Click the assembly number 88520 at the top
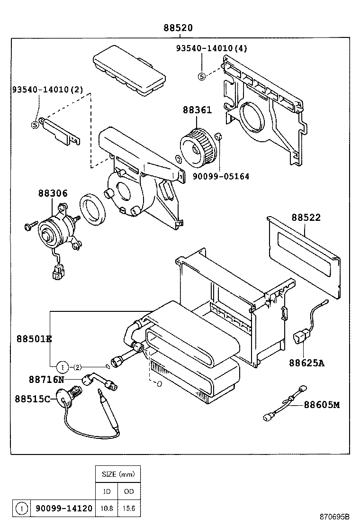(178, 28)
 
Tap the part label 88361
(197, 110)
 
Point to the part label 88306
(53, 193)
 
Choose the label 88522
(306, 218)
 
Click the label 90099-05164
(221, 176)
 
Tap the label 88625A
(307, 363)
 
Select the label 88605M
(322, 405)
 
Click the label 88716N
(46, 380)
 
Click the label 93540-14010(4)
(211, 48)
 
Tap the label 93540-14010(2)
(47, 89)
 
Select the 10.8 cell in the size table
(107, 508)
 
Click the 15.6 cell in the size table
(129, 508)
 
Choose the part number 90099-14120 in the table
(63, 508)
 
